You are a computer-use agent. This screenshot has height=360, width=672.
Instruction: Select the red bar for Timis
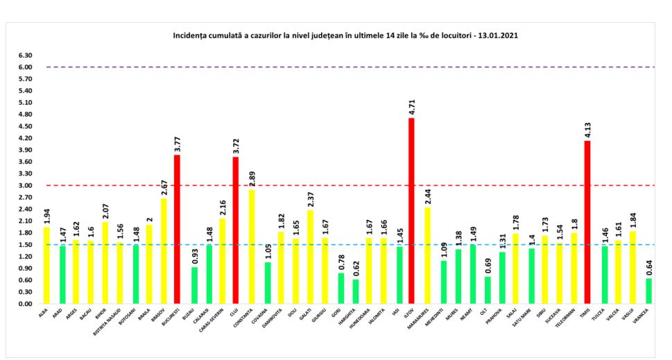[x=588, y=222]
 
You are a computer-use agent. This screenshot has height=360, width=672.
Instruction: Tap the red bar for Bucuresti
[x=177, y=229]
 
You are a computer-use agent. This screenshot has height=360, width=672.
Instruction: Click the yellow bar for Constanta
[x=250, y=246]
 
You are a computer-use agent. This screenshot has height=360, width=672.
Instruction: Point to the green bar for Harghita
[x=355, y=291]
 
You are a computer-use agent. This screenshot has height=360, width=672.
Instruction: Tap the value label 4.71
[x=411, y=108]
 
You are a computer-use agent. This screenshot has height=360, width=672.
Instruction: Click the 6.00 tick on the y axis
[x=26, y=67]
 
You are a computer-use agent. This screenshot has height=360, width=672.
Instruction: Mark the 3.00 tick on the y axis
[x=26, y=185]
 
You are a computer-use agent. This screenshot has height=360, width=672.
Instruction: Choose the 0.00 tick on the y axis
[x=26, y=304]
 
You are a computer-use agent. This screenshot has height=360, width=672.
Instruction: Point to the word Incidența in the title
[x=190, y=34]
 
